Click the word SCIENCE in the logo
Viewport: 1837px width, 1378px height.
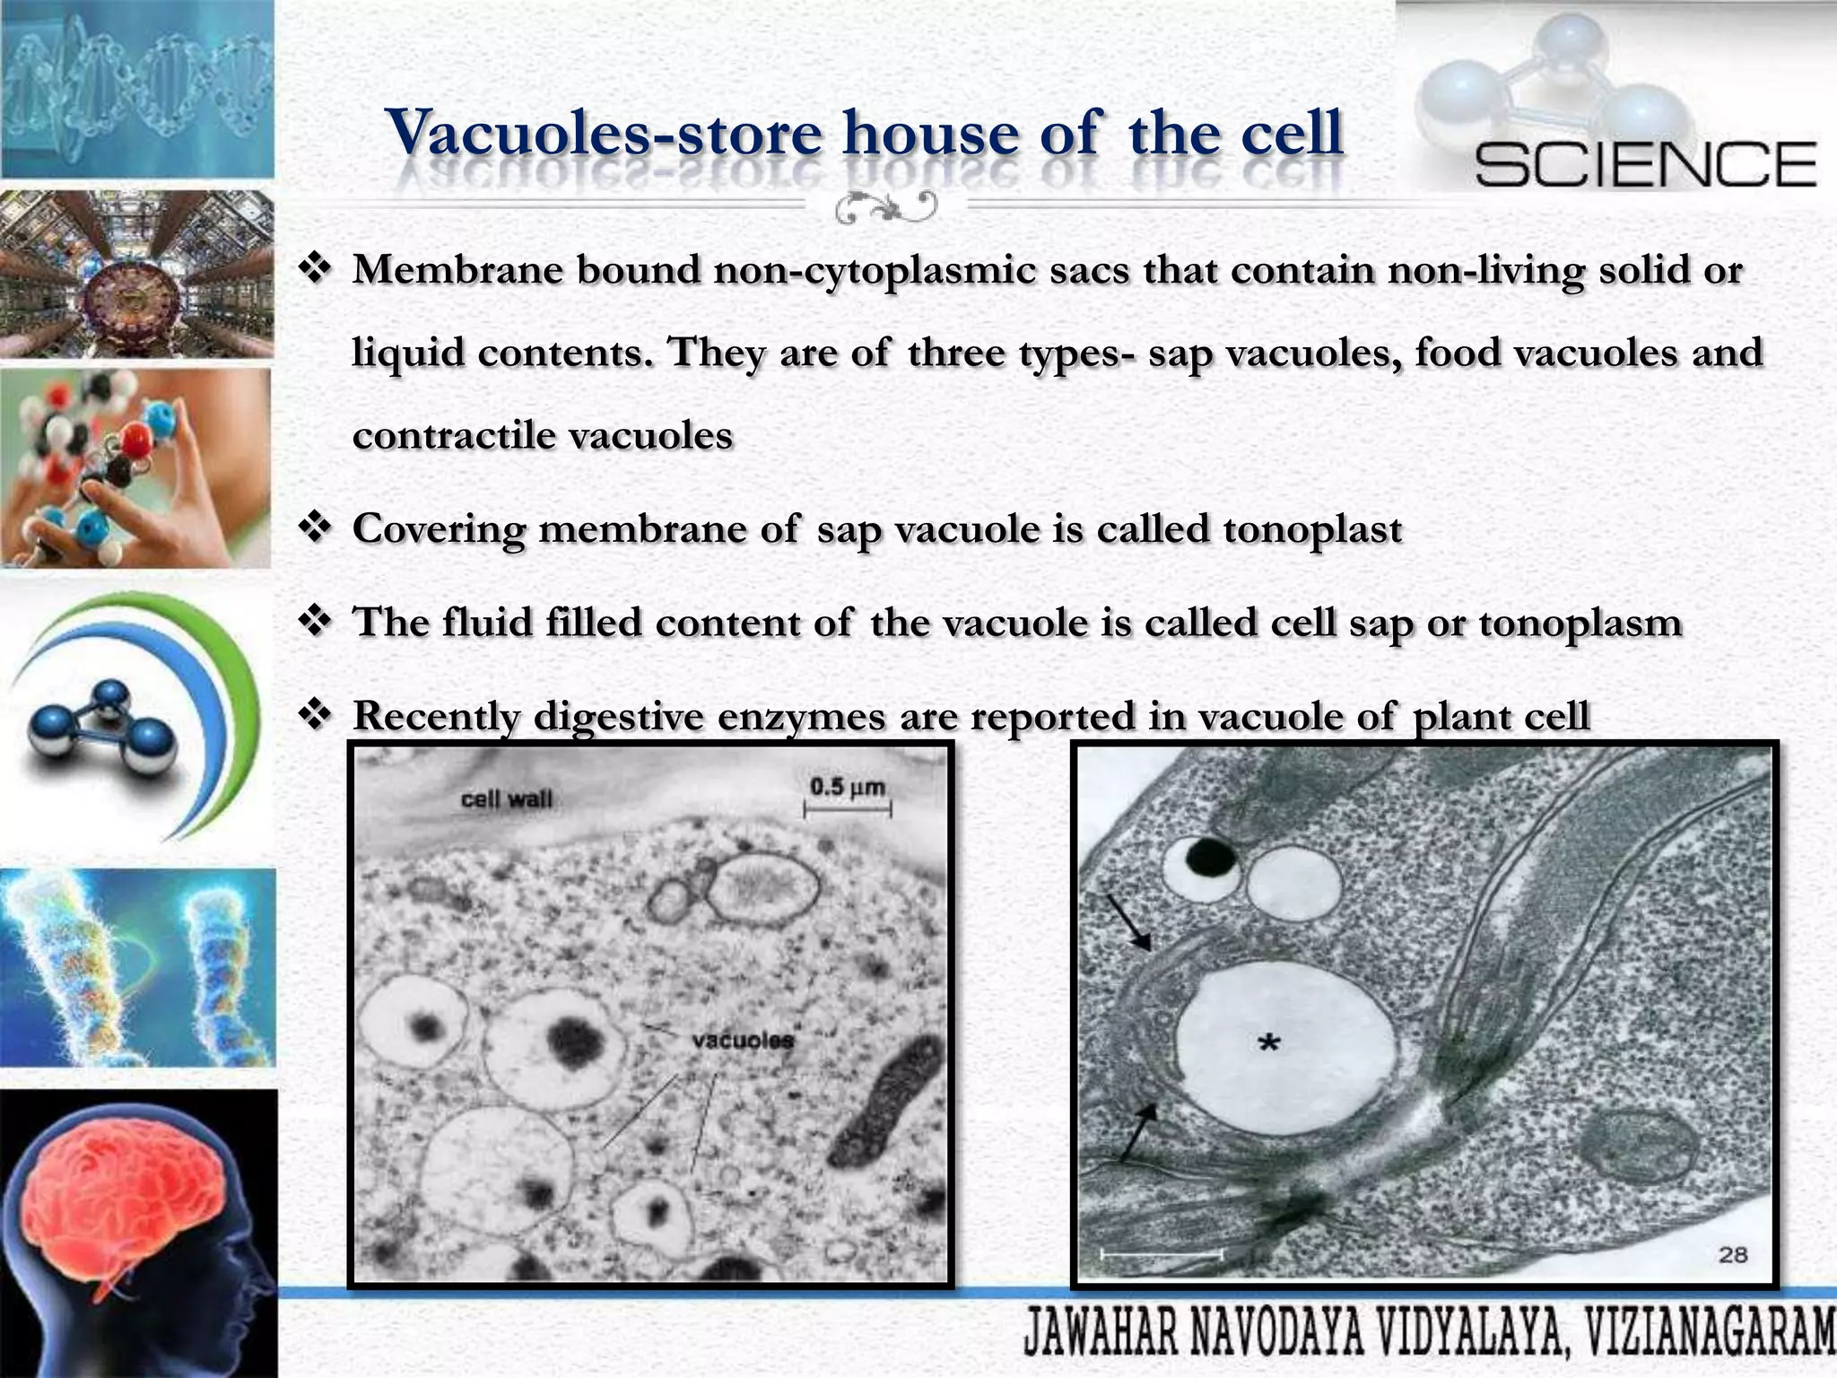1645,165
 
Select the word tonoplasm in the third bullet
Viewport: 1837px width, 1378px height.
1580,622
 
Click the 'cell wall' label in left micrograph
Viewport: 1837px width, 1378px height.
506,798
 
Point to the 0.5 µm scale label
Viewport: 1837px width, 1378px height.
847,788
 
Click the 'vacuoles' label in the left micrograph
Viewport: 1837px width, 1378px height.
743,1041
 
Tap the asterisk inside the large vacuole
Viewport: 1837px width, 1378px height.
1268,1042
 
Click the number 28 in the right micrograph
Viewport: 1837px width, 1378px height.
1733,1254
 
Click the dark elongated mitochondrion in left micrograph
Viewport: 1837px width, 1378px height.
884,1104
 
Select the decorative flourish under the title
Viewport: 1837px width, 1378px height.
885,208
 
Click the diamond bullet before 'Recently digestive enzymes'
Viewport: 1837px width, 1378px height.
315,715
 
